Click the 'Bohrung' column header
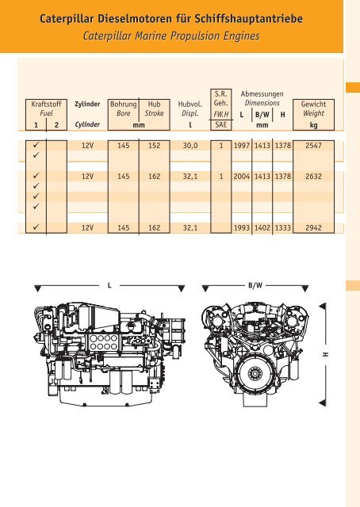point(123,104)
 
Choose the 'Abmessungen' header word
point(262,93)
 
